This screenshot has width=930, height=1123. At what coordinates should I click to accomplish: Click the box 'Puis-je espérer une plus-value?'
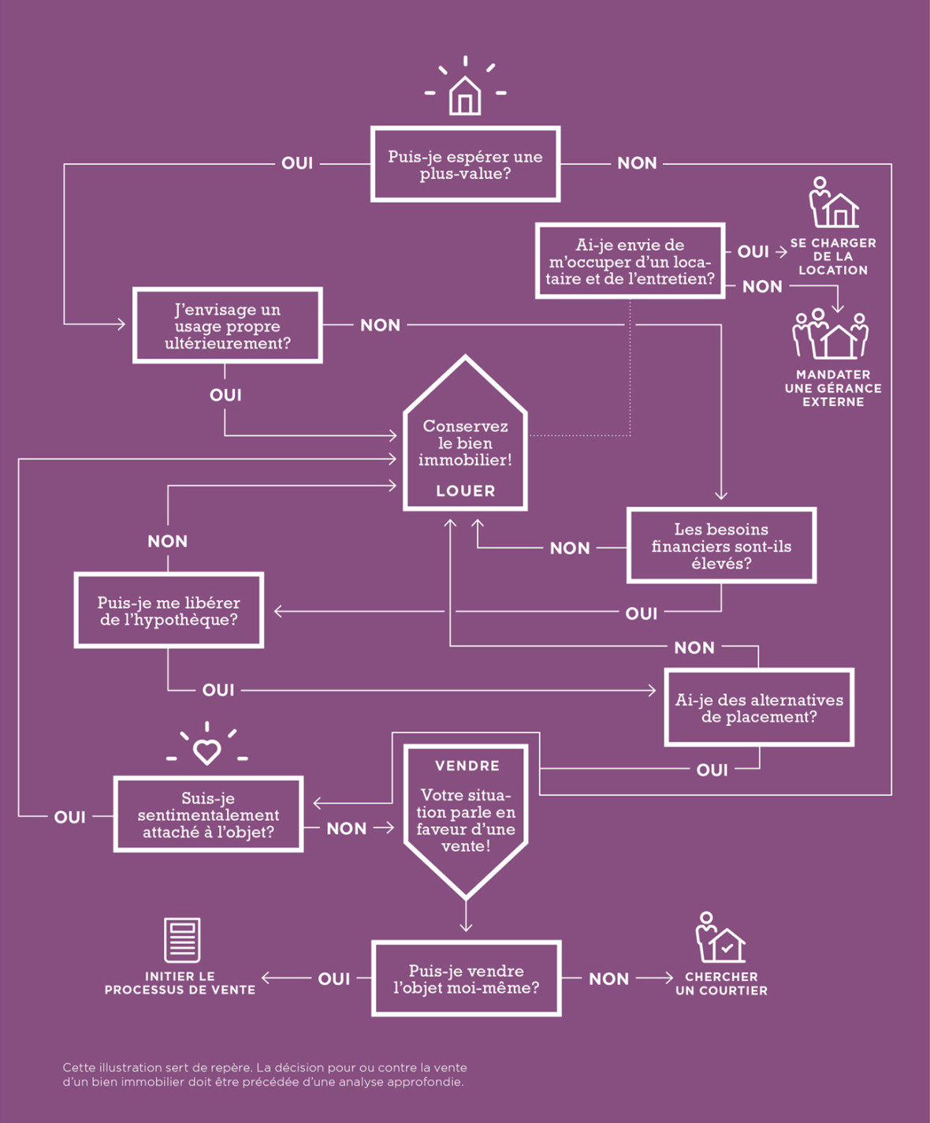pos(465,164)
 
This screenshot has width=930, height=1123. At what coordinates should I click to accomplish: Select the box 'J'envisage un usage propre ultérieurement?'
pos(228,326)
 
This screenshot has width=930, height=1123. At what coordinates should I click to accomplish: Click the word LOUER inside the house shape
pos(465,491)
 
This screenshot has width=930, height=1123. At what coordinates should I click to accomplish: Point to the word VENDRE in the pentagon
pos(467,766)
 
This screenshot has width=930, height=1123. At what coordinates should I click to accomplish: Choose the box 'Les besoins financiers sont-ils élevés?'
pos(721,546)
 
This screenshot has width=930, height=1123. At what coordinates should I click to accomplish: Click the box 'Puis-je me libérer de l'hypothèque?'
pos(169,610)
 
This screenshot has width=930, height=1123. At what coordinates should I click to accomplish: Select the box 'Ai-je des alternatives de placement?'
pos(759,707)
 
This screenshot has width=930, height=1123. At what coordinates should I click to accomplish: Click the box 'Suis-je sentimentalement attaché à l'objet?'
pos(208,815)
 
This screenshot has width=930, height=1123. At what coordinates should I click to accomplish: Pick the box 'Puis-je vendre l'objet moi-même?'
pos(466,978)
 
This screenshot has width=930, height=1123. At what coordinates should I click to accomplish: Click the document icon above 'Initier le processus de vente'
pos(182,939)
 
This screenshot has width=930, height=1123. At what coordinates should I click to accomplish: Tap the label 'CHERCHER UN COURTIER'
pos(721,983)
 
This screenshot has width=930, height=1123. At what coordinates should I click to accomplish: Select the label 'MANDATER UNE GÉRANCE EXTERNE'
pos(833,388)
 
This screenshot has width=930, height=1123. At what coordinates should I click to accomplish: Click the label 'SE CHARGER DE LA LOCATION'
pos(833,256)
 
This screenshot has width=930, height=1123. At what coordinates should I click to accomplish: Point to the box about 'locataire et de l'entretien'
pos(630,261)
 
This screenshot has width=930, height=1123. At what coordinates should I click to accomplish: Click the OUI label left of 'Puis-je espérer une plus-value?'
pos(297,163)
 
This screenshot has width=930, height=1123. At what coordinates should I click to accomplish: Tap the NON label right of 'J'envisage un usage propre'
pos(380,325)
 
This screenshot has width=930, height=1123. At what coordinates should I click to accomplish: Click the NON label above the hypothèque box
pos(167,541)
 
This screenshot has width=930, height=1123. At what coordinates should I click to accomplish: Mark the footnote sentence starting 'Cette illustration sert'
pos(265,1074)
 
